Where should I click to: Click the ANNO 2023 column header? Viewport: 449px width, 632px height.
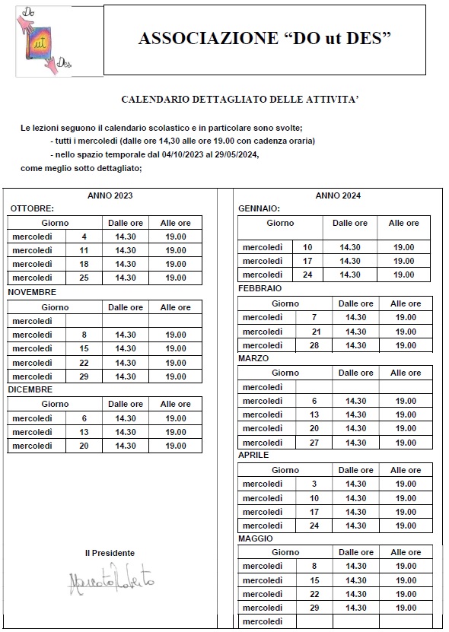coord(110,195)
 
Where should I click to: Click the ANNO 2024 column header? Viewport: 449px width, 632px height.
coord(338,195)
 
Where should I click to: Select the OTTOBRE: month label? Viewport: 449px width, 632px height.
coord(31,208)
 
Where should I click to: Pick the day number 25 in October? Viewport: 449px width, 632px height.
coord(84,278)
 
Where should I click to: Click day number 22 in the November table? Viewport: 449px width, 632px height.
coord(84,363)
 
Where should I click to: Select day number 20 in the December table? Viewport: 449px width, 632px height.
coord(84,446)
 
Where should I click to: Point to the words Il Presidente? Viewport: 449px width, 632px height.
coord(110,553)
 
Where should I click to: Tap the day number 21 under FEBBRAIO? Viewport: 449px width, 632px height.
coord(316,332)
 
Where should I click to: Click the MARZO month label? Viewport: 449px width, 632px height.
coord(253,358)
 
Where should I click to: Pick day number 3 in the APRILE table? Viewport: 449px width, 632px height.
coord(314,484)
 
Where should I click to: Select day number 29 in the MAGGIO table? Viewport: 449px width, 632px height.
coord(314,608)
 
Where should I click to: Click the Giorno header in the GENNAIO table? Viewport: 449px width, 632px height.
coord(280,223)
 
